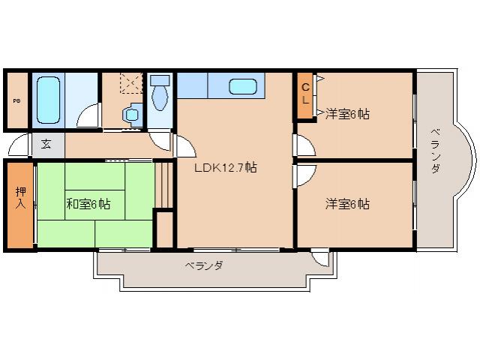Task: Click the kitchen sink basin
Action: [x=243, y=86]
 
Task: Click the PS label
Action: [x=16, y=100]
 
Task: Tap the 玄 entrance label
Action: [x=46, y=144]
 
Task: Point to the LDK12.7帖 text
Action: [x=226, y=168]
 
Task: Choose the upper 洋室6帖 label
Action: [x=346, y=114]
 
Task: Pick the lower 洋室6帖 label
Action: [x=346, y=203]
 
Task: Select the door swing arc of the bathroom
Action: [x=88, y=116]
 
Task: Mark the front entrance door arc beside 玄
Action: [x=20, y=144]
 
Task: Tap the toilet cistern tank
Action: [x=158, y=80]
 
